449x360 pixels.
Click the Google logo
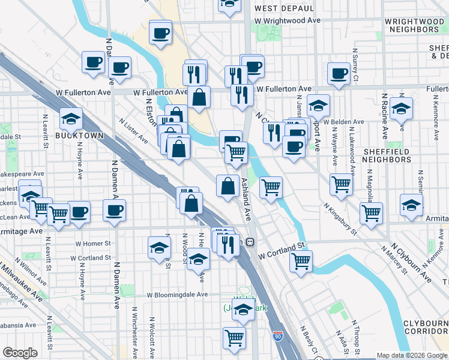20,353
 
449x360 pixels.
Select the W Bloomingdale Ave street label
178,295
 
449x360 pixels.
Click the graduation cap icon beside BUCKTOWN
71,118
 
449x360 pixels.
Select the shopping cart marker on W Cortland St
301,260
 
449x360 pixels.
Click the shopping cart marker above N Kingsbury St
342,184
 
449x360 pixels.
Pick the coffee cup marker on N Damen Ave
115,210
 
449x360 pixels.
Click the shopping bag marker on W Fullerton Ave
199,96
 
